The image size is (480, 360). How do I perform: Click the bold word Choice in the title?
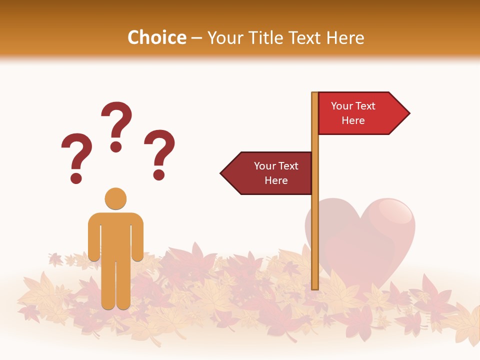click(156, 37)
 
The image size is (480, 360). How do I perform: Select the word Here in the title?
click(345, 37)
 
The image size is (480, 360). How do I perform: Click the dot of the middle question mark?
click(116, 146)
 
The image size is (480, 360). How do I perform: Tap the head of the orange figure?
click(115, 198)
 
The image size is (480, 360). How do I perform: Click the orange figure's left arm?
click(94, 237)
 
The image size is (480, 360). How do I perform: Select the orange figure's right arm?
click(137, 237)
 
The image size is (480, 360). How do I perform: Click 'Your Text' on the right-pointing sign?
click(353, 106)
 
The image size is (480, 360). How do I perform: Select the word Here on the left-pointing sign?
click(276, 180)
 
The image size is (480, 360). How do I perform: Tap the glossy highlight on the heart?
click(395, 212)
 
